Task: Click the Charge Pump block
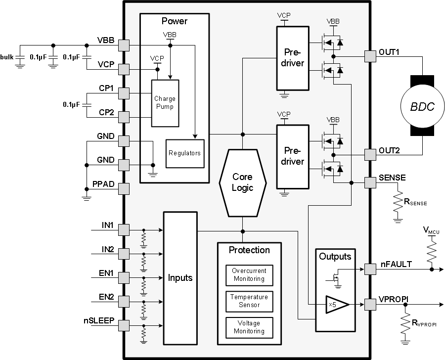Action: (x=165, y=102)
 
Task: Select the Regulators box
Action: (x=184, y=153)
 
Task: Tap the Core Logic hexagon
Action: (x=242, y=182)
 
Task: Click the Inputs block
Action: (x=180, y=278)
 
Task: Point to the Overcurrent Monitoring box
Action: (x=249, y=274)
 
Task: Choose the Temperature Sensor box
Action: (x=249, y=301)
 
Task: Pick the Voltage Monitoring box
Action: (x=249, y=327)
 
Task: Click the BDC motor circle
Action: (x=423, y=106)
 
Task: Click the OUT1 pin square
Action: (x=370, y=56)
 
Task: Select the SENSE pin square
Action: (x=370, y=182)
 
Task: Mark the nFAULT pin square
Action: (x=370, y=270)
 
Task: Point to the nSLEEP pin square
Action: (x=124, y=325)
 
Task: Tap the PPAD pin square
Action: (x=124, y=189)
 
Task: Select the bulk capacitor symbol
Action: (x=20, y=59)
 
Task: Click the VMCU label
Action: (x=431, y=230)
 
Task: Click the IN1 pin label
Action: (x=108, y=225)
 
